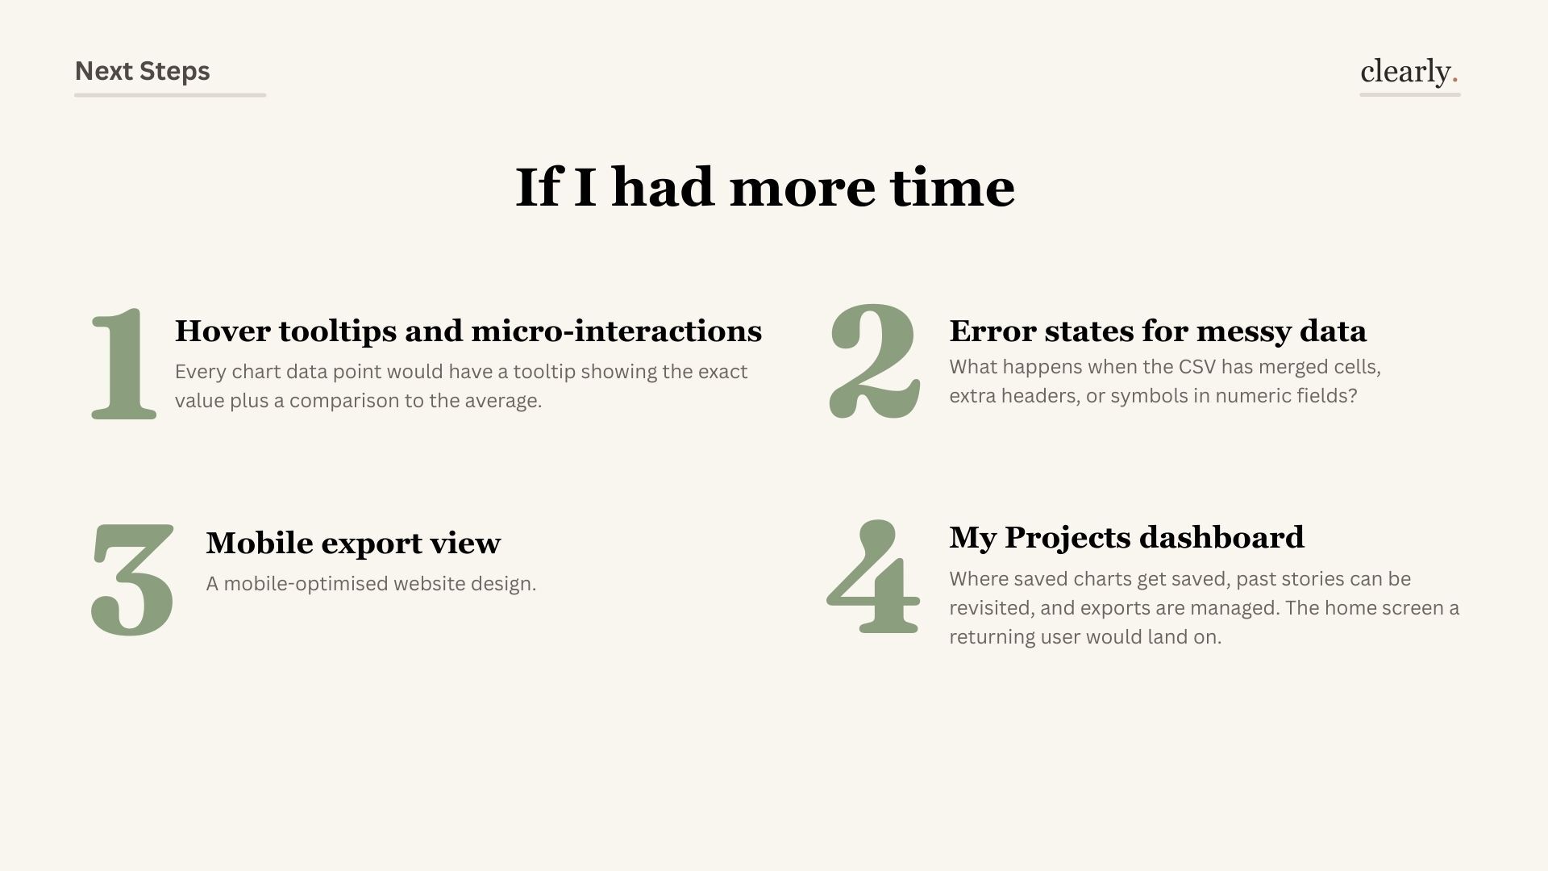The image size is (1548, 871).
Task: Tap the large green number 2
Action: pos(874,363)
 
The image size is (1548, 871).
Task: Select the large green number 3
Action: pos(132,579)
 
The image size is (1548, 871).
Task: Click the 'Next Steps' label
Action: pos(142,71)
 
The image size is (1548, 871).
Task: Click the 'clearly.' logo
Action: pos(1409,71)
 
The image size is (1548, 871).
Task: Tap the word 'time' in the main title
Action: pos(952,187)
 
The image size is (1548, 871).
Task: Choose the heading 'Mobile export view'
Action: pos(353,543)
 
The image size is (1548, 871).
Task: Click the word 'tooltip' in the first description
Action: pos(544,372)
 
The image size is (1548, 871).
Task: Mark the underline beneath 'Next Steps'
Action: pos(170,95)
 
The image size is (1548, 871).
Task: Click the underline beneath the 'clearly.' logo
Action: pos(1409,95)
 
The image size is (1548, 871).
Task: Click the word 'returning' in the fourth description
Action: pos(992,637)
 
